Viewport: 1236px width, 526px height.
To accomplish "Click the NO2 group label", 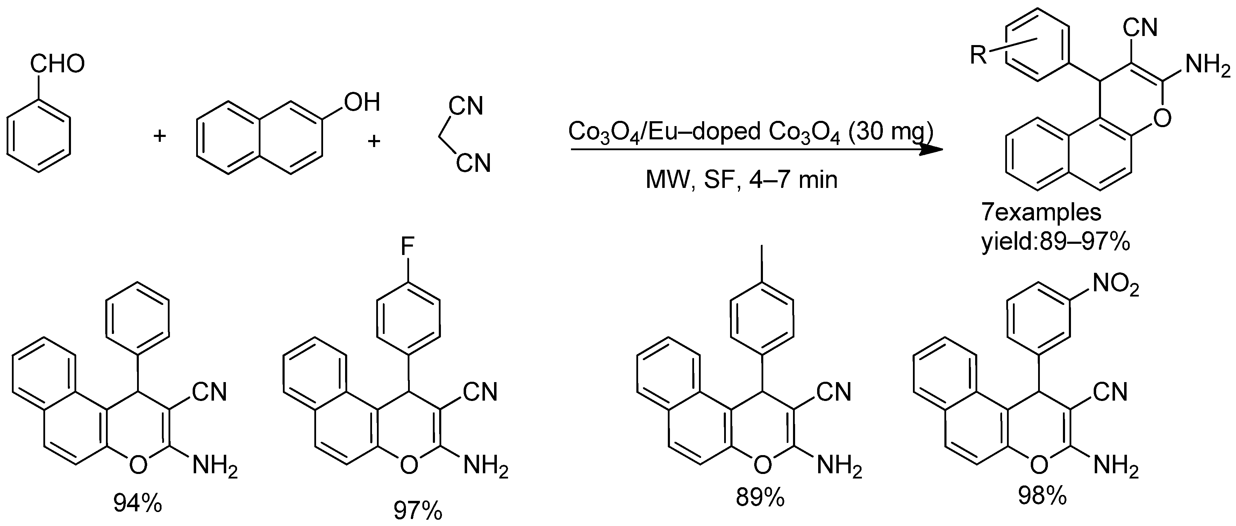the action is [1115, 286].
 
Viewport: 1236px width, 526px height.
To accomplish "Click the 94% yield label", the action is [138, 503].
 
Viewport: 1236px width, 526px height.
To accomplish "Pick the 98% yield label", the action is [1043, 497].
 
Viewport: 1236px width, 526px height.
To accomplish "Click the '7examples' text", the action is [1041, 212].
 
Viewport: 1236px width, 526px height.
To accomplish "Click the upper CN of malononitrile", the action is [465, 105].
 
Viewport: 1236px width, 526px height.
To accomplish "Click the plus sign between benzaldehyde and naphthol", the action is [159, 137].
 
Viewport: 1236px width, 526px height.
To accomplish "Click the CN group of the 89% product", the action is [834, 392].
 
